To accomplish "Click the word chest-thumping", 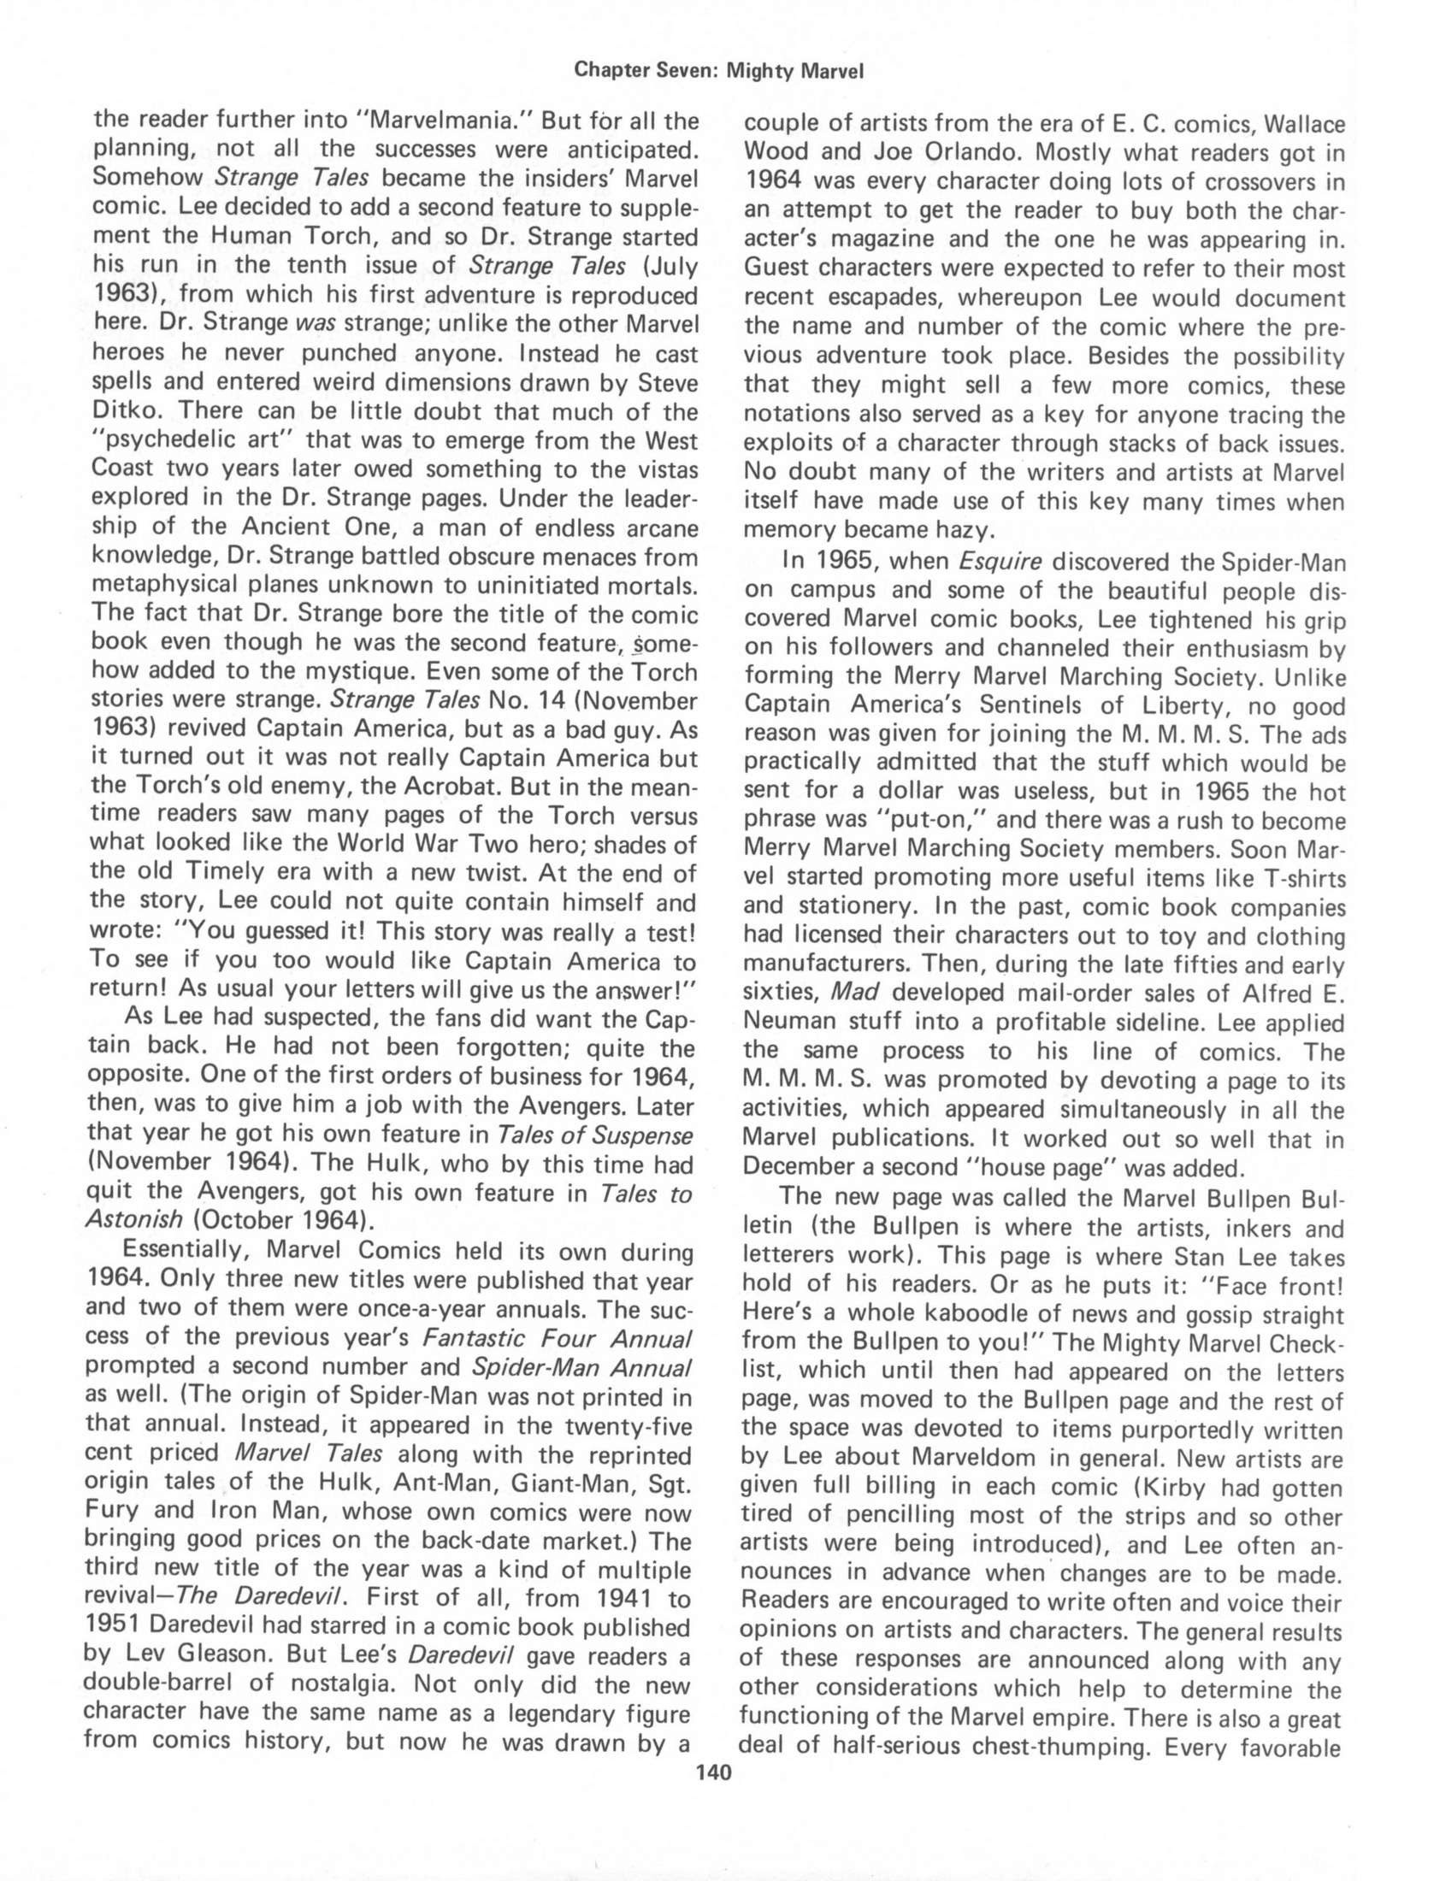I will coord(1048,1746).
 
